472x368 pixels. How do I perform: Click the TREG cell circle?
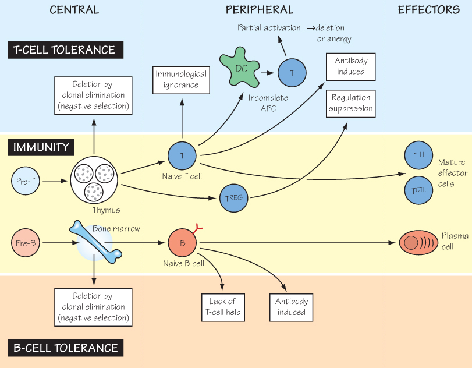coord(234,198)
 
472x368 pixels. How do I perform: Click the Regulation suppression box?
coord(352,104)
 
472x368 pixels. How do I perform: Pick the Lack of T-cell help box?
coord(222,307)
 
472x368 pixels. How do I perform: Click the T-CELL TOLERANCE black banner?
coord(66,50)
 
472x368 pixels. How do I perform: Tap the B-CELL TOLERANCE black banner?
coord(66,348)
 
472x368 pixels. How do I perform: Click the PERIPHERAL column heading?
coord(260,10)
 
